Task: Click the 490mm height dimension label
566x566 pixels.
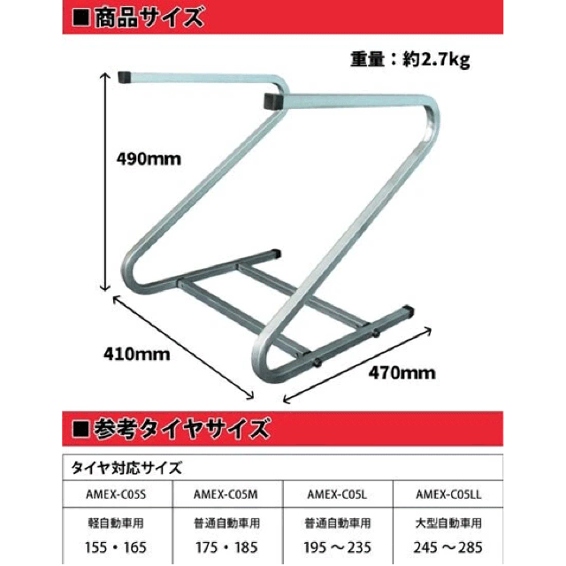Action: click(x=149, y=160)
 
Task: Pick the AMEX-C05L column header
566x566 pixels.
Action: click(x=337, y=492)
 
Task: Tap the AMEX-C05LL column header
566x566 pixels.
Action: click(x=448, y=492)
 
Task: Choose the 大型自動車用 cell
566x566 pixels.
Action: click(x=448, y=522)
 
